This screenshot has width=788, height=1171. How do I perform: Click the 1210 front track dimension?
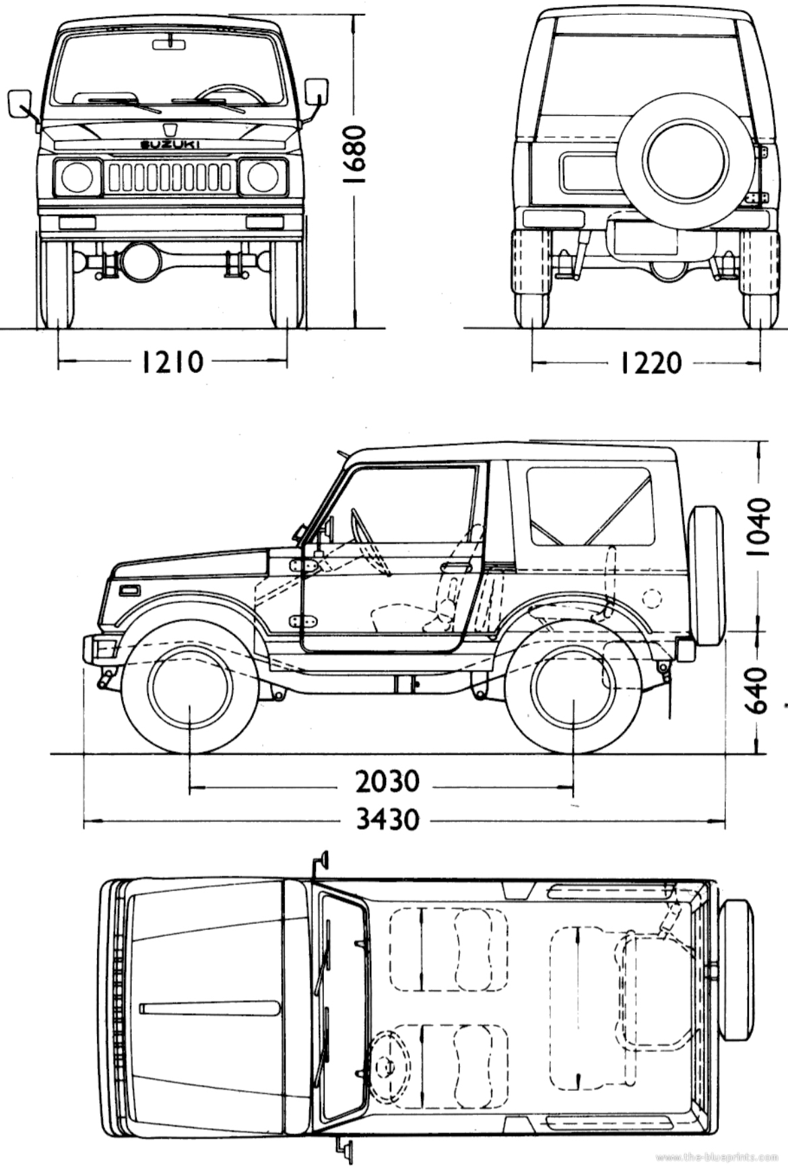(x=172, y=362)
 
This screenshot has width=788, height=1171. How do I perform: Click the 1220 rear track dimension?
(x=651, y=363)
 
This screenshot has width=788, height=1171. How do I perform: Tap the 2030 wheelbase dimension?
(x=387, y=781)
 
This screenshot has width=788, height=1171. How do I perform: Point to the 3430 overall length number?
(x=387, y=820)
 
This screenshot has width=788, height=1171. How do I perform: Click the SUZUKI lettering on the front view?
(x=170, y=144)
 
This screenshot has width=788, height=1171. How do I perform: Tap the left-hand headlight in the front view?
(x=77, y=178)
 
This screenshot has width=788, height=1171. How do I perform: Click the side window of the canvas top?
(x=590, y=506)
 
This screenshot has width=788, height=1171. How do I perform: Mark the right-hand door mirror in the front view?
(x=316, y=92)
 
